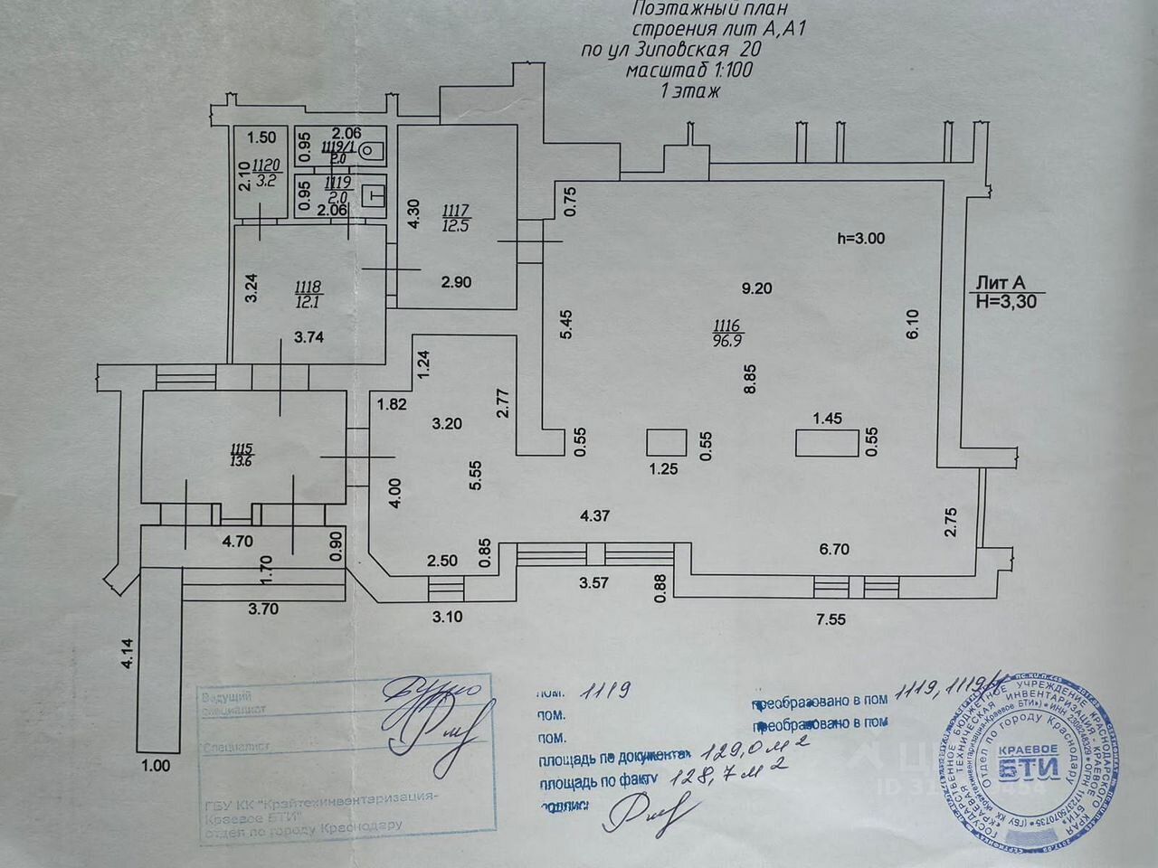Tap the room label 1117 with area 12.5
(x=455, y=218)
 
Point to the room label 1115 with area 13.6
(x=242, y=454)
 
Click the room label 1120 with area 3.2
(x=265, y=171)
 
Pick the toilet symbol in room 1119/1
(x=372, y=151)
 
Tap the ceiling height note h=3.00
(x=860, y=239)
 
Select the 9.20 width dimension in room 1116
(x=756, y=289)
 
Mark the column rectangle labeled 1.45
(x=828, y=443)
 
